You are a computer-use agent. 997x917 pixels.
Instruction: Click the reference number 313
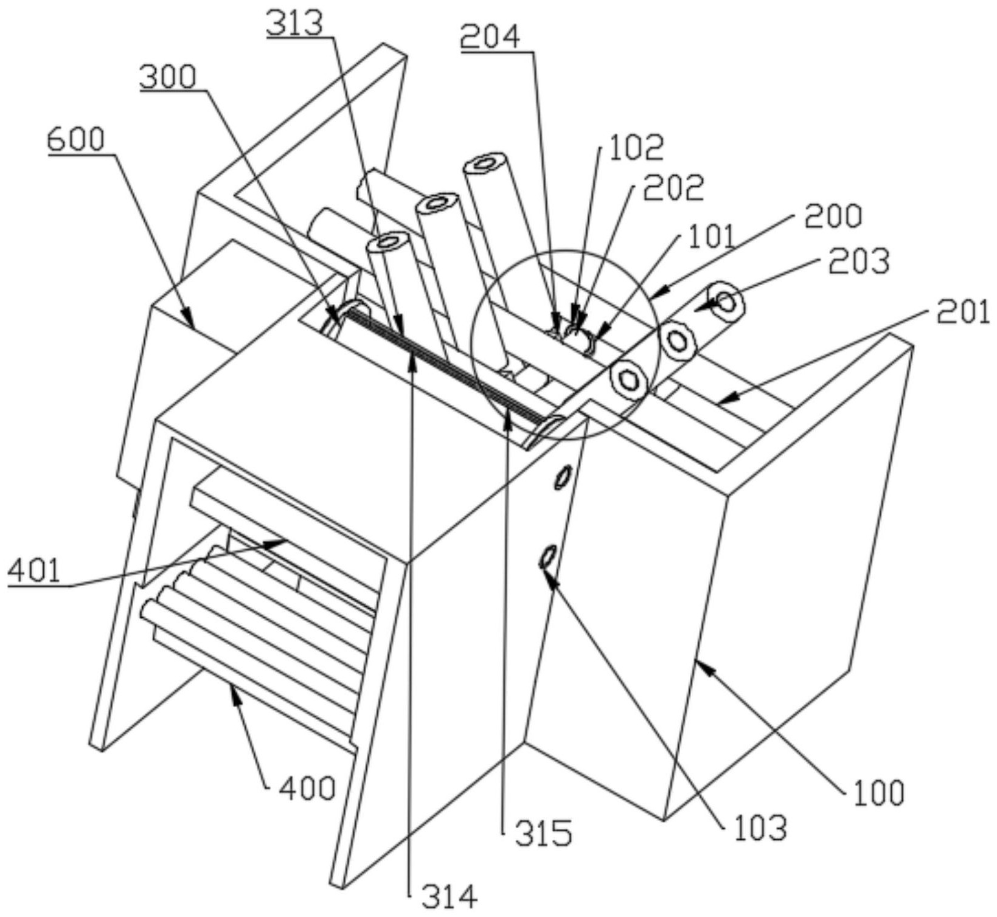pyautogui.click(x=294, y=24)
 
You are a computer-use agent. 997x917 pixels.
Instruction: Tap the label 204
pyautogui.click(x=490, y=38)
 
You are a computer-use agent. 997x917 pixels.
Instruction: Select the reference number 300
pyautogui.click(x=168, y=77)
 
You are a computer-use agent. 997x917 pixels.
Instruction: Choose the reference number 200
pyautogui.click(x=833, y=216)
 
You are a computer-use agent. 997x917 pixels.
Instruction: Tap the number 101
pyautogui.click(x=712, y=237)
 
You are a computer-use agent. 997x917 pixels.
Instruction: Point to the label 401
pyautogui.click(x=35, y=571)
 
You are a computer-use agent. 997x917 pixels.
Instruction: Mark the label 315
pyautogui.click(x=544, y=833)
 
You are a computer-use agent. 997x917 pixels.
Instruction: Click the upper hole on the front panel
pyautogui.click(x=563, y=476)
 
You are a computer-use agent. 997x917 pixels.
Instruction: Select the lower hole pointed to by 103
pyautogui.click(x=547, y=556)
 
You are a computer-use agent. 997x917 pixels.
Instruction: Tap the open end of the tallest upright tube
pyautogui.click(x=486, y=164)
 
